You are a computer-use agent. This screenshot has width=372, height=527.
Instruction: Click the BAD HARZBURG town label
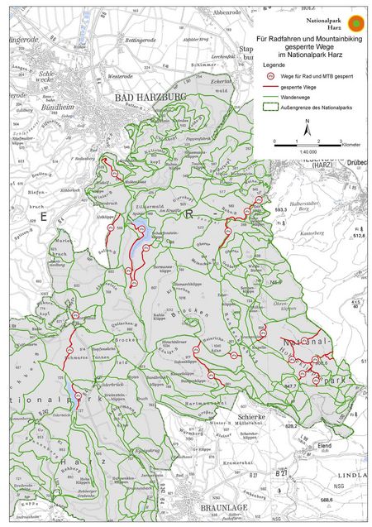point(145,98)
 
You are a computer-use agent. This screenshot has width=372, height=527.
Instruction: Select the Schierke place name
point(250,418)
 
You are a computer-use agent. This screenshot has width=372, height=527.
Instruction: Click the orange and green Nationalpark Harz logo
point(355,22)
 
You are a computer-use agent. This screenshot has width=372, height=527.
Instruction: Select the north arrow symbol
point(308,127)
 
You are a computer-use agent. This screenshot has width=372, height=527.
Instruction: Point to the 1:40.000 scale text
point(307,151)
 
